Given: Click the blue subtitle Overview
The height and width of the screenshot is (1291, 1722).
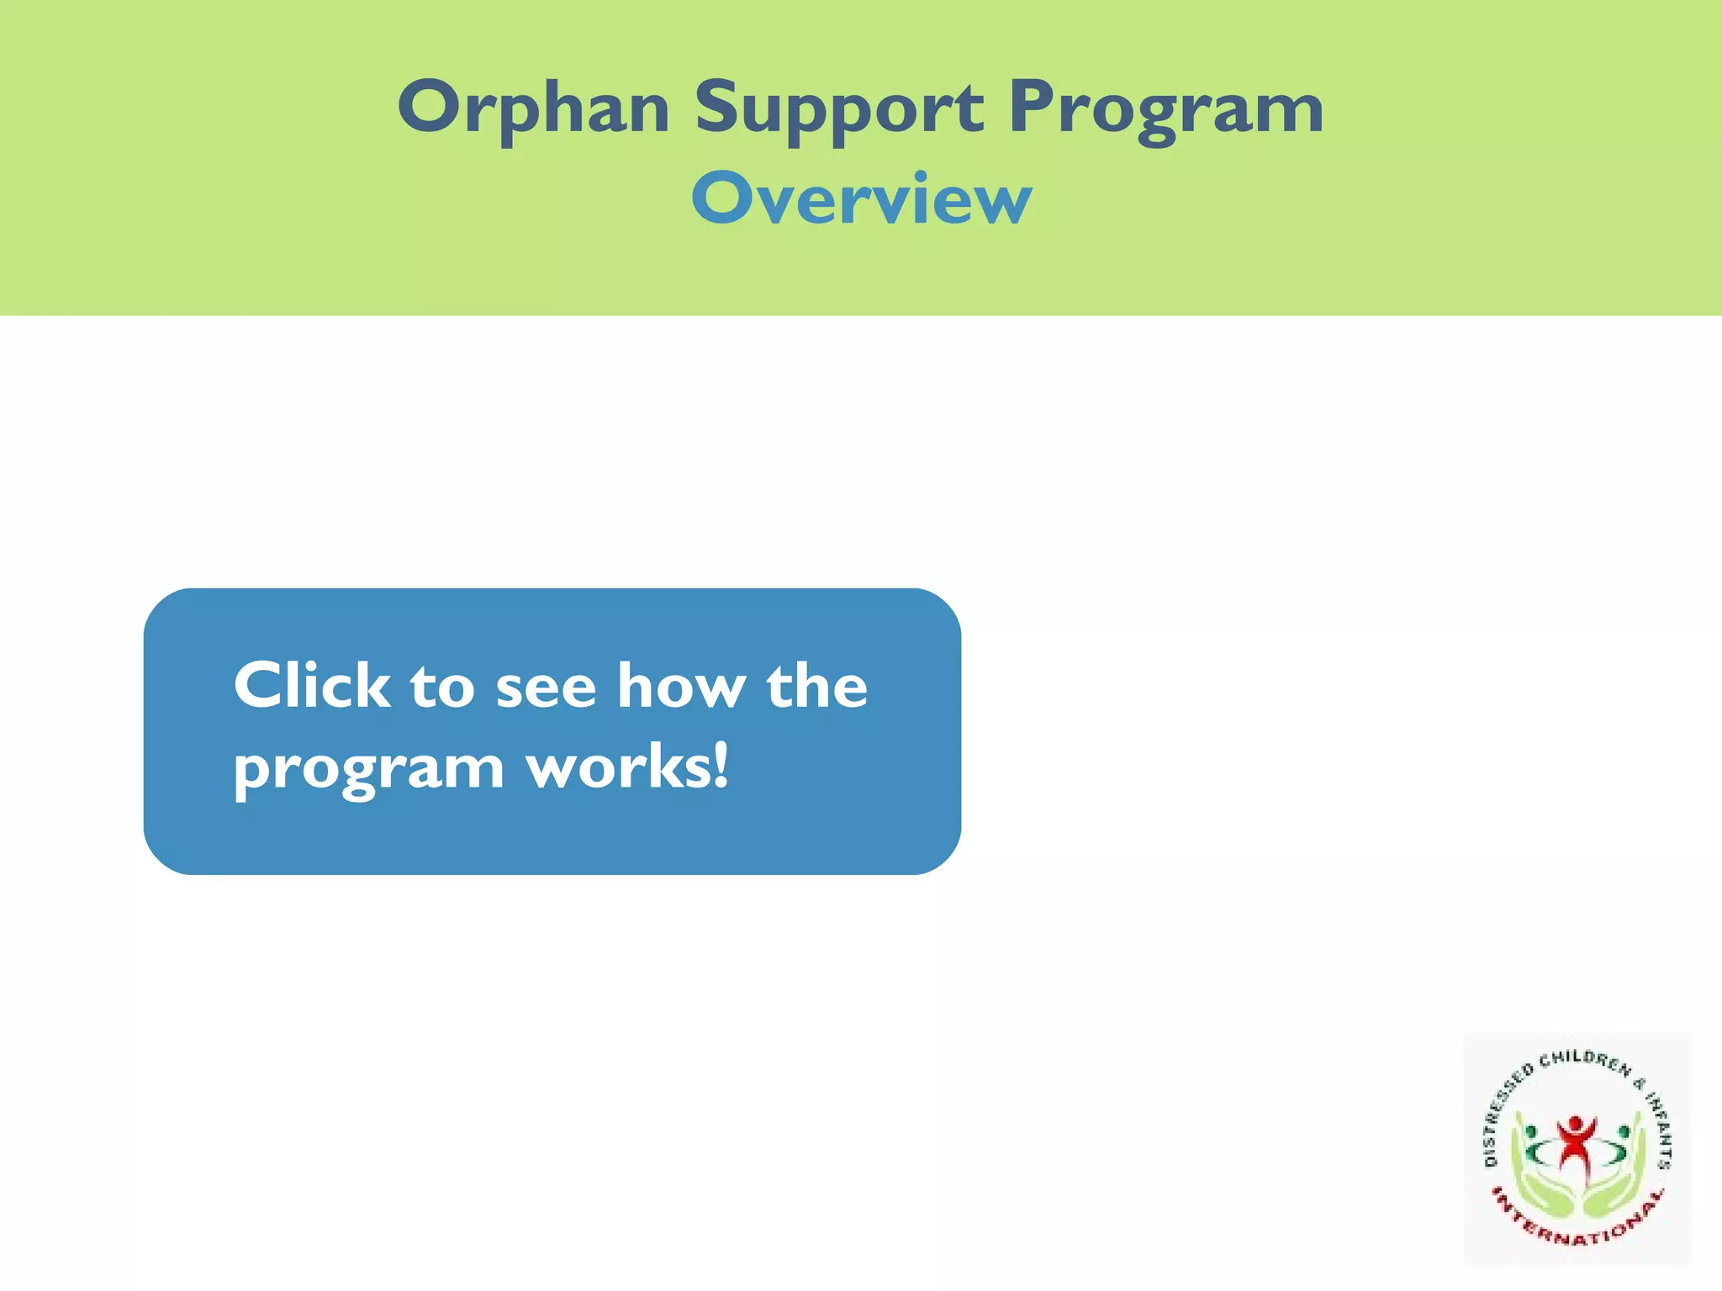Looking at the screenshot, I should pos(861,199).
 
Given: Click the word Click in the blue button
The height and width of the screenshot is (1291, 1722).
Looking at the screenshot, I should pos(311,685).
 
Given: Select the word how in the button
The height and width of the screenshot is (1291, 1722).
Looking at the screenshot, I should pos(681,685).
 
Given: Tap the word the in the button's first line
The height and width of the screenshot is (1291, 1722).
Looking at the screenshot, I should pos(816,685).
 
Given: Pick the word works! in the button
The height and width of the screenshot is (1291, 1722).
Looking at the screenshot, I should pos(627,767).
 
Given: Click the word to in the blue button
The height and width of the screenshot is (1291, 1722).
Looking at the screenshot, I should pos(442,687).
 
